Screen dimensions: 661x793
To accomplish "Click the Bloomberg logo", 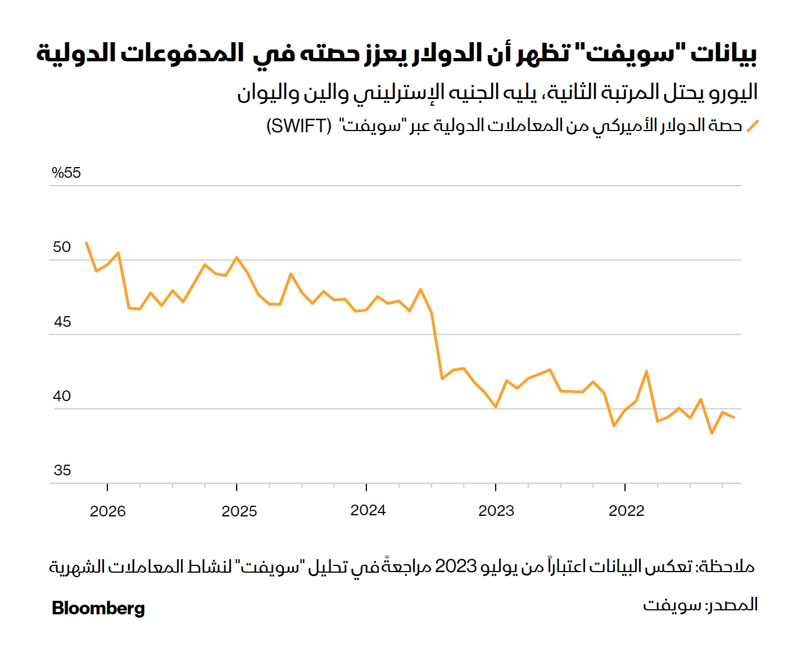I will click(98, 608).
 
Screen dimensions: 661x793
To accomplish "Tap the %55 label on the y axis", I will click(66, 173).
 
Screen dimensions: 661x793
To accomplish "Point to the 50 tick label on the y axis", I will click(62, 247).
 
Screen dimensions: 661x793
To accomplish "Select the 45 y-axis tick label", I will click(62, 322).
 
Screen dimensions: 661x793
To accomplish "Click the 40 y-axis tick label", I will click(62, 396).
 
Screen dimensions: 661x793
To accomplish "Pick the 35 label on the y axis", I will click(62, 470).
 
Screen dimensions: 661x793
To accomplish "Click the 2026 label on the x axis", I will click(108, 511).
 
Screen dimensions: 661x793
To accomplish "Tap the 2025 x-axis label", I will click(239, 511).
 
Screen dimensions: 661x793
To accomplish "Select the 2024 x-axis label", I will click(368, 510).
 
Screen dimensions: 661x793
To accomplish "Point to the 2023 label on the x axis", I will click(496, 510).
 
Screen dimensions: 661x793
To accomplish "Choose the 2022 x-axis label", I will click(626, 510).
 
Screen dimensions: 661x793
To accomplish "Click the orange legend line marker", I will click(752, 126).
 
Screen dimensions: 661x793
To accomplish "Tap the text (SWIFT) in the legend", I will click(299, 125).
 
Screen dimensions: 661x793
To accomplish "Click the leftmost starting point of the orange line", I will click(86, 243).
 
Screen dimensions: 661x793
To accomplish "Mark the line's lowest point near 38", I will click(712, 433).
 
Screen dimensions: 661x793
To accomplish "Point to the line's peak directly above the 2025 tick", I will click(237, 257).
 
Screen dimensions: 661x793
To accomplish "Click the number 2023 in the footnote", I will click(456, 565).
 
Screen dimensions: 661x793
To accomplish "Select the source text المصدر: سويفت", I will click(700, 605).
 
